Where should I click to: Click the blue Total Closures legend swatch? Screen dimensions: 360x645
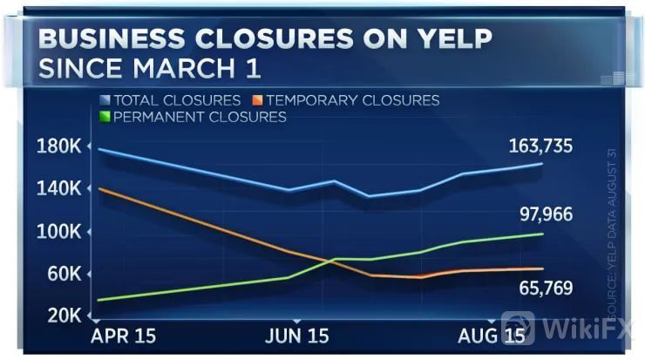click(105, 100)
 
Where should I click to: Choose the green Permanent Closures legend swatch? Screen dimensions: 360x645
click(105, 117)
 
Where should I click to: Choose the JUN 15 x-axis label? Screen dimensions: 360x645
click(296, 336)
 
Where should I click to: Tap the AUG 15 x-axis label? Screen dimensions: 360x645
click(492, 336)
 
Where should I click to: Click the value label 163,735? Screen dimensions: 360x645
click(540, 146)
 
